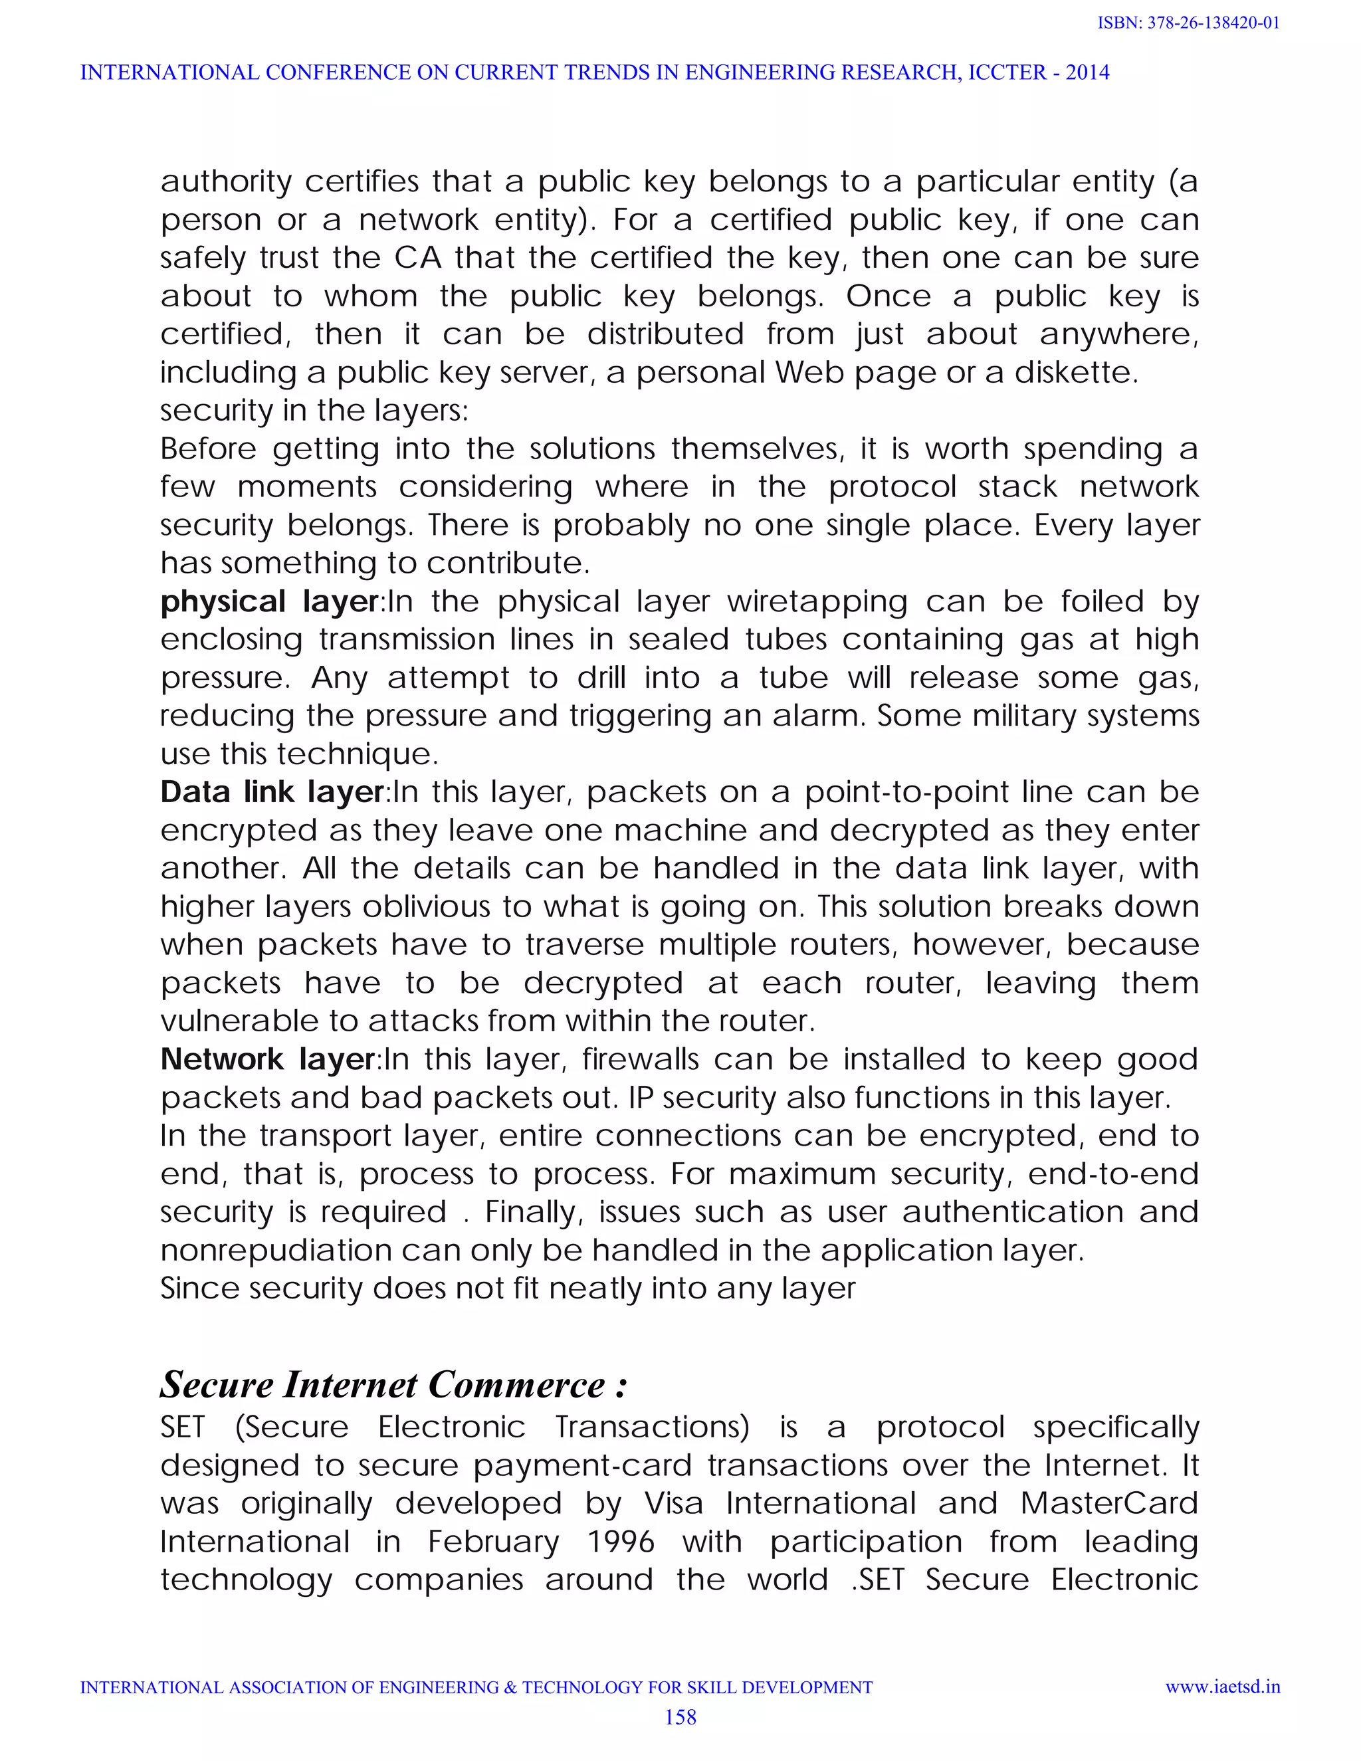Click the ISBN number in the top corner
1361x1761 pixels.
pos(1188,23)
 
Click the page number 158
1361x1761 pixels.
pos(680,1716)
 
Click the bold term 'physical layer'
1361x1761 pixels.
pos(269,602)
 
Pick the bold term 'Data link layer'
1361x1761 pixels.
pos(272,793)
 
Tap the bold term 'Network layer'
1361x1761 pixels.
pos(268,1059)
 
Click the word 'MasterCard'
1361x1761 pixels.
pos(1108,1504)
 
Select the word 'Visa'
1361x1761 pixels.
pos(673,1504)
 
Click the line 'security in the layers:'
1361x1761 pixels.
pos(314,411)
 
